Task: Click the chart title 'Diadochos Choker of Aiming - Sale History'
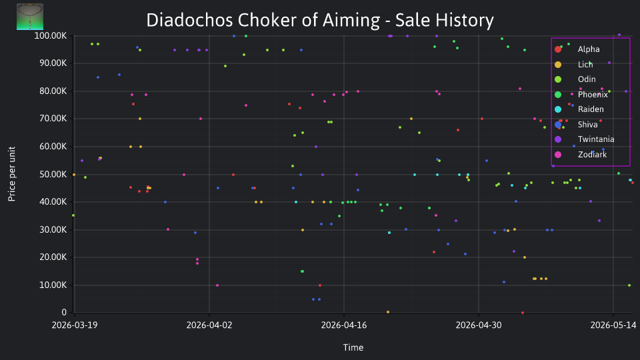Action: coord(320,20)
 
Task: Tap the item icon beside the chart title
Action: coord(30,17)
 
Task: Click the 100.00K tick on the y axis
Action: coord(51,36)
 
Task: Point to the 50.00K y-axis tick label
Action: coord(53,174)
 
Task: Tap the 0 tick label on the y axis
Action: coord(64,312)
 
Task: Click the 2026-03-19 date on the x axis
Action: coord(75,325)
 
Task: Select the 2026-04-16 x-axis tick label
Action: coord(344,325)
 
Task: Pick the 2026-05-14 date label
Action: coord(613,325)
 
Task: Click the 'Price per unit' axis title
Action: coord(12,174)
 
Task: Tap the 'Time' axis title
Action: coord(353,347)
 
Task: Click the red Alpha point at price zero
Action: coord(523,313)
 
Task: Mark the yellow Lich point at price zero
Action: coord(388,312)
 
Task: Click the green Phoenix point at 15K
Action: coord(302,271)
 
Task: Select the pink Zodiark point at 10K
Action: coord(217,285)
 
